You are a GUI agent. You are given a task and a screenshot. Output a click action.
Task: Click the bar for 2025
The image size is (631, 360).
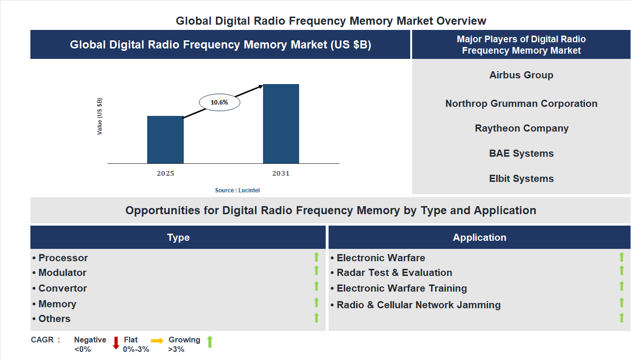(165, 140)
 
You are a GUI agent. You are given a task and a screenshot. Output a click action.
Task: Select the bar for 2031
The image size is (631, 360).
(281, 124)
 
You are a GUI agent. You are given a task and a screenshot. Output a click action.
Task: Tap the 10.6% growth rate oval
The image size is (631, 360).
(219, 102)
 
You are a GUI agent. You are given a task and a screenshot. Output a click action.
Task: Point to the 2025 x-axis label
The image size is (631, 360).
(165, 173)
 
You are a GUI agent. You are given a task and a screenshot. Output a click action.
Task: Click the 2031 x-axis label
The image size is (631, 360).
(281, 173)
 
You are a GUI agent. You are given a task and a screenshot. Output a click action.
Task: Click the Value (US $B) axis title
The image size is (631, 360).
(100, 116)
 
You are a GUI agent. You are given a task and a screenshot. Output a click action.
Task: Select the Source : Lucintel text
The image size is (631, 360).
(237, 190)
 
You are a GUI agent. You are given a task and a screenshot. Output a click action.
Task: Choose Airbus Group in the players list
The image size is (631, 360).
(521, 75)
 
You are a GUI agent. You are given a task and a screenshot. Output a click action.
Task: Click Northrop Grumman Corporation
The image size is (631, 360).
(521, 104)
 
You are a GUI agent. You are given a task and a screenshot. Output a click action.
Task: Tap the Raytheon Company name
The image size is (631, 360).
(521, 128)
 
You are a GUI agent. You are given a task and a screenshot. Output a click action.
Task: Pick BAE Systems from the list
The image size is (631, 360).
(521, 153)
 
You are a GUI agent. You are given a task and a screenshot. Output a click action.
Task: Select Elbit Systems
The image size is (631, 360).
(521, 179)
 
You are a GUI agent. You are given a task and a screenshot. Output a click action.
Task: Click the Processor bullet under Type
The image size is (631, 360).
(60, 258)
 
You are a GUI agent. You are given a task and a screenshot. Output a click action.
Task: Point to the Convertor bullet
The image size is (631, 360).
(60, 288)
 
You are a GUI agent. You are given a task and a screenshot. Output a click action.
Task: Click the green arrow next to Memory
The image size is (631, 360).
(316, 303)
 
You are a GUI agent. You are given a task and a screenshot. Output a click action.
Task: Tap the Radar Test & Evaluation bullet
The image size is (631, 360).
(392, 273)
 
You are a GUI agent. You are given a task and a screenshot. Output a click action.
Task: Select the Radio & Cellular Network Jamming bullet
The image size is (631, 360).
(416, 305)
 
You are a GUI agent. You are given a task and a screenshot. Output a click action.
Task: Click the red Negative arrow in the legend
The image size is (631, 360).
(116, 342)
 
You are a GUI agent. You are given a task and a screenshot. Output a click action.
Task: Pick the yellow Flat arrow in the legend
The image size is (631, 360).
(157, 341)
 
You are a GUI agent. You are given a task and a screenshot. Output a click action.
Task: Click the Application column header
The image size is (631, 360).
(480, 237)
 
